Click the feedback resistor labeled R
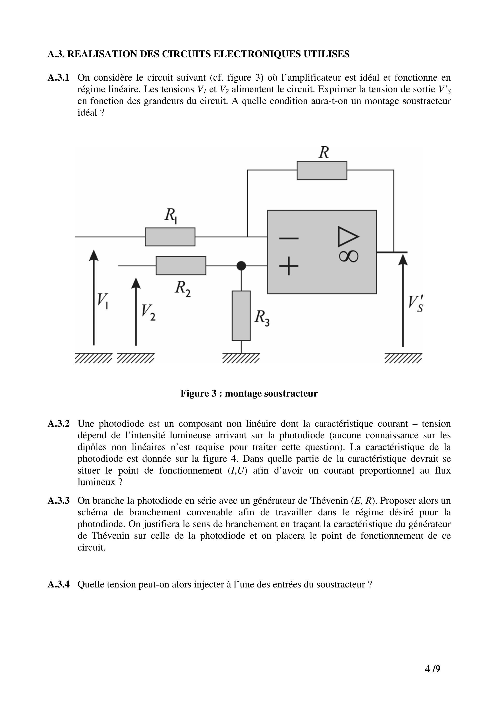322,170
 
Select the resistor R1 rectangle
170,237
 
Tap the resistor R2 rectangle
181,265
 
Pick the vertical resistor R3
241,316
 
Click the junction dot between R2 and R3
241,265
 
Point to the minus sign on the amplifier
289,238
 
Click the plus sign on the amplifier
289,265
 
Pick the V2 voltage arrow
136,311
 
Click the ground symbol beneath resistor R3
241,358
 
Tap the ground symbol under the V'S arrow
403,358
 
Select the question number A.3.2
59,424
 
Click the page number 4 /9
432,669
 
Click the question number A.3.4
59,584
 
